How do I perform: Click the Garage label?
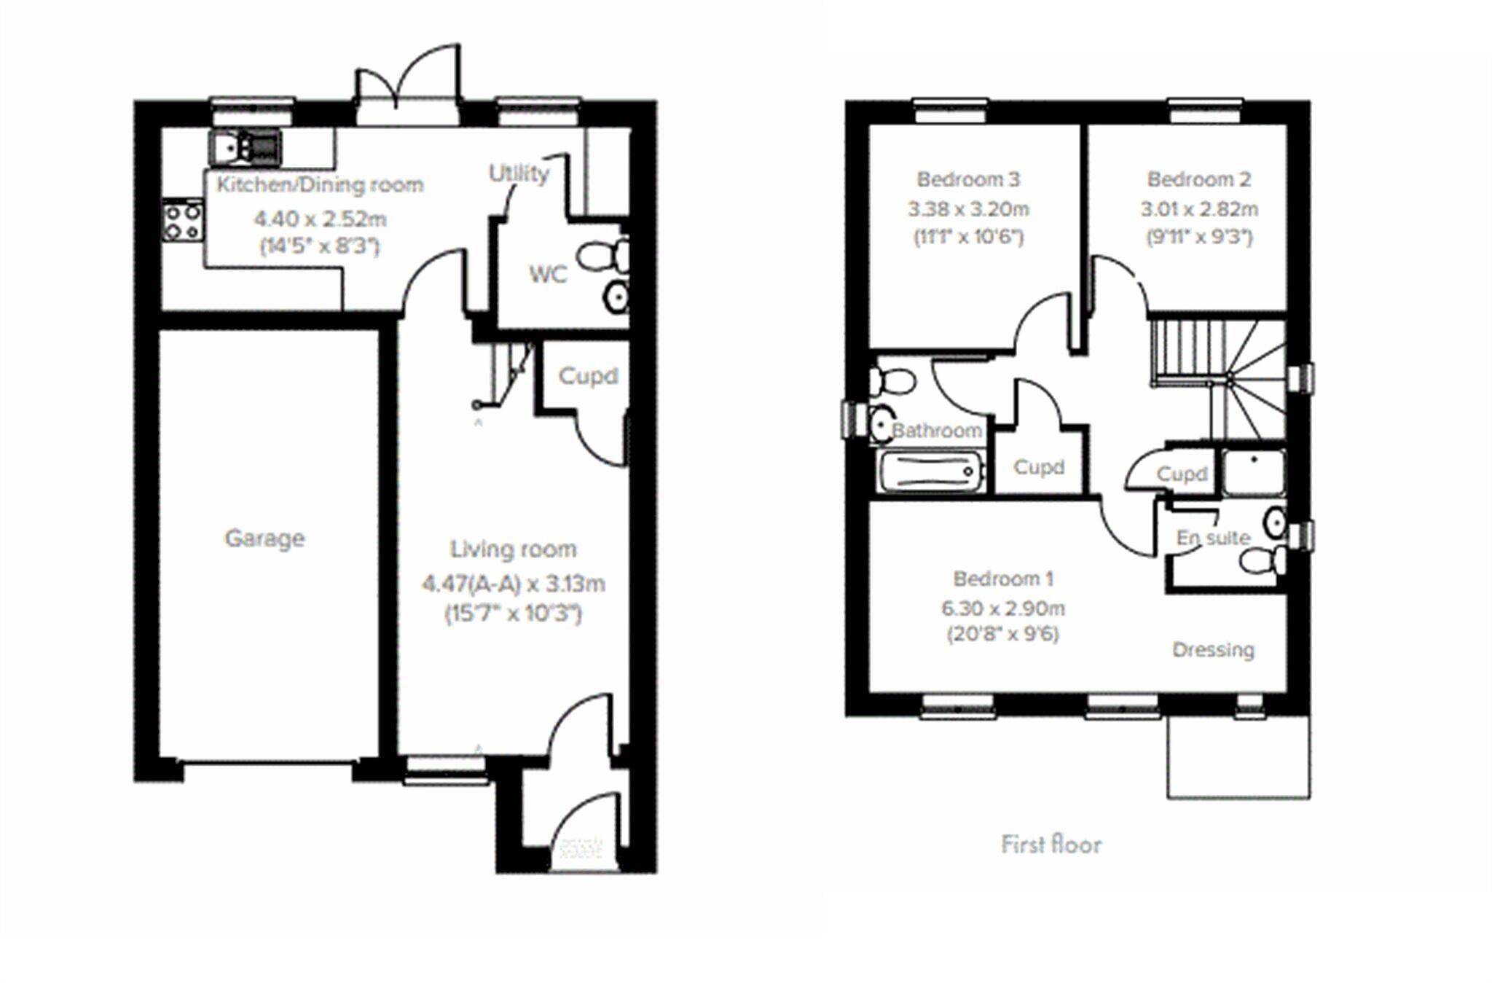point(264,539)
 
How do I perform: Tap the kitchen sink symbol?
point(245,147)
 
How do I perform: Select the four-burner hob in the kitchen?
point(182,221)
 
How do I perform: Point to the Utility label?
point(519,173)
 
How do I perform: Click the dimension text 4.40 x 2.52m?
point(320,219)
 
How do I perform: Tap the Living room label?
point(513,549)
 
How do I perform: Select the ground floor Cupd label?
point(588,376)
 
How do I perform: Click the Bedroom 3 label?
point(968,179)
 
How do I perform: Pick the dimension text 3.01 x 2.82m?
point(1199,209)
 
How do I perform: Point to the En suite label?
point(1213,538)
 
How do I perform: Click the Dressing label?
point(1213,649)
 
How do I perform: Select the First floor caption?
point(1051,845)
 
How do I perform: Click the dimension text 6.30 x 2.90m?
point(1002,608)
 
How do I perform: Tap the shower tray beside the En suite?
point(1253,473)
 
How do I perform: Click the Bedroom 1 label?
point(1003,579)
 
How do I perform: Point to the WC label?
point(547,275)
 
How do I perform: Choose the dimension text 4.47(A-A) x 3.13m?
point(514,584)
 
